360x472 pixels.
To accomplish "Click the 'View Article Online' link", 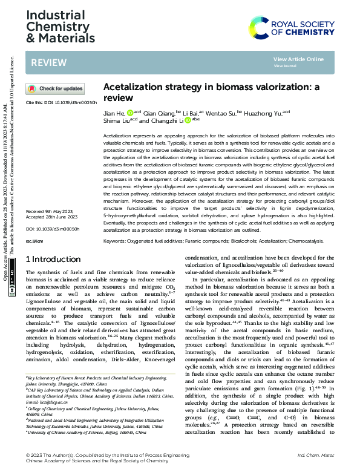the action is tap(298, 59).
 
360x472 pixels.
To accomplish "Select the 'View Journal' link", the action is tap(285, 65).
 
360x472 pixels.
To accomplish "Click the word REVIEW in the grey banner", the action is tap(45, 62).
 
